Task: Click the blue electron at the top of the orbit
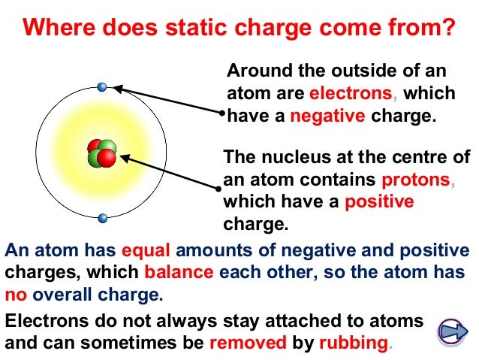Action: pyautogui.click(x=102, y=87)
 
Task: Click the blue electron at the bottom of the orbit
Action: pyautogui.click(x=103, y=219)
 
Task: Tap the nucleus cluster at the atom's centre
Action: pyautogui.click(x=101, y=153)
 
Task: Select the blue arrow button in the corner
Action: pyautogui.click(x=451, y=331)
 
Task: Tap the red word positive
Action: pyautogui.click(x=379, y=202)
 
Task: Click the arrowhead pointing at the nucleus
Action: pyautogui.click(x=125, y=158)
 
